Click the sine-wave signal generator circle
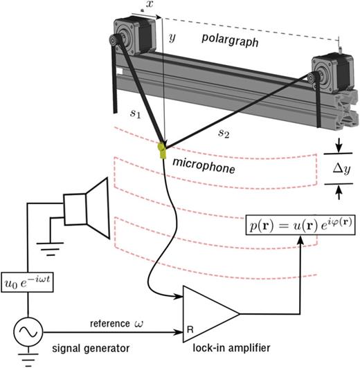click(26, 330)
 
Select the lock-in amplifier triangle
click(208, 313)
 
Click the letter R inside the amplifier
click(190, 330)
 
